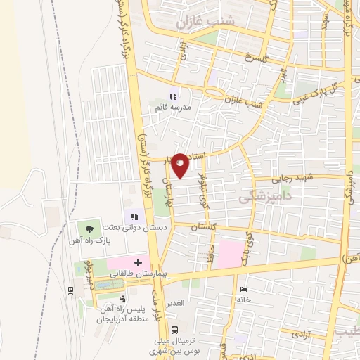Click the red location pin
[x=180, y=166]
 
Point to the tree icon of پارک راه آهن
[x=89, y=229]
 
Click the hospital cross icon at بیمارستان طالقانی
[x=138, y=262]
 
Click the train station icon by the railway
[x=71, y=290]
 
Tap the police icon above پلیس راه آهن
[x=124, y=299]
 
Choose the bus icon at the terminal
[x=175, y=330]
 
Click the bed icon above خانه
[x=243, y=289]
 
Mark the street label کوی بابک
[x=247, y=239]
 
